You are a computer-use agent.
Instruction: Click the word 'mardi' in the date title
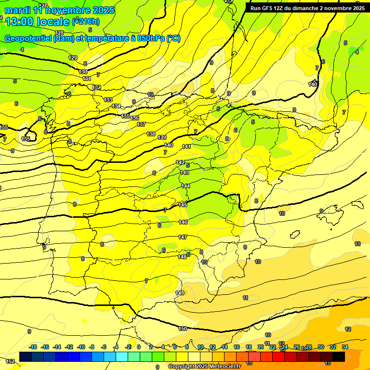pos(18,10)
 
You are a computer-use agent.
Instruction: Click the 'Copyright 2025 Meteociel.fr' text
pos(204,366)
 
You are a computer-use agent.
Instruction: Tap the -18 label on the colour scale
pos(33,347)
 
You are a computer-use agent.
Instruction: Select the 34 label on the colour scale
pos(345,347)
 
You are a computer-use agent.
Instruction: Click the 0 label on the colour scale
pos(139,347)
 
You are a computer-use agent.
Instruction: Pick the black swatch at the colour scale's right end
pos(339,357)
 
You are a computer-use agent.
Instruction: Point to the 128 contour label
pos(59,33)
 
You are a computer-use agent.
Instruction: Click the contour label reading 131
pos(87,79)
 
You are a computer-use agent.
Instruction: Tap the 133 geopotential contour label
pos(108,100)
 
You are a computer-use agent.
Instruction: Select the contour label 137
pos(141,124)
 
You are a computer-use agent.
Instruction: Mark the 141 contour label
pos(186,146)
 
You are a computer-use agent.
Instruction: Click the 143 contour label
pos(185,172)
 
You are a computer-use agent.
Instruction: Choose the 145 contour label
pos(183,205)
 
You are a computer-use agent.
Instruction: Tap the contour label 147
pos(183,238)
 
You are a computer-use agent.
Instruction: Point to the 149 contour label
pos(180,293)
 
